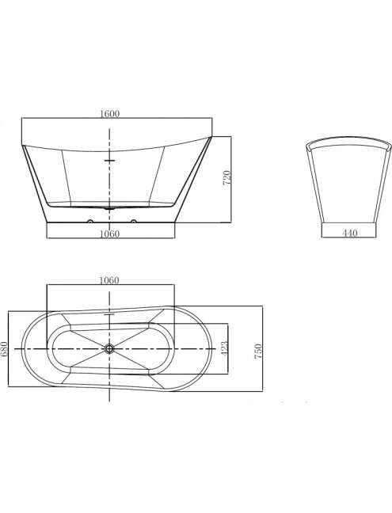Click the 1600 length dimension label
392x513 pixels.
(109, 114)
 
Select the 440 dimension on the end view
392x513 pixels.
(350, 234)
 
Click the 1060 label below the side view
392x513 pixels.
(109, 234)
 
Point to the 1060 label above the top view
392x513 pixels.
(109, 280)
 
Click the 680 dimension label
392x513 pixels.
(4, 349)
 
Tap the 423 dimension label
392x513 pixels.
(224, 349)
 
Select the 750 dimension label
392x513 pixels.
(258, 351)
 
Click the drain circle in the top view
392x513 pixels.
(109, 349)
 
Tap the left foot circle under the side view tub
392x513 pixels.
(89, 221)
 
